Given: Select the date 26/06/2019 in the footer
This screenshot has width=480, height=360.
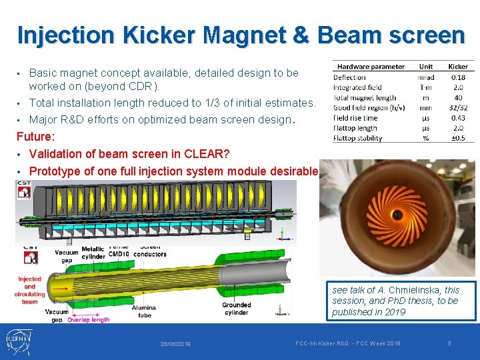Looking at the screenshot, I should point(175,344).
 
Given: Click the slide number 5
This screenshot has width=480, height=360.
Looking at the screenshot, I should point(449,343).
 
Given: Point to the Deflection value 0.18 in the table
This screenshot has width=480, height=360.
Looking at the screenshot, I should point(458,77).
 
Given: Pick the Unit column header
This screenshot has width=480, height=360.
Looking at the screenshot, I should point(426,67).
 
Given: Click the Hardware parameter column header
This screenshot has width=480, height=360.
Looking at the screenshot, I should point(371,67).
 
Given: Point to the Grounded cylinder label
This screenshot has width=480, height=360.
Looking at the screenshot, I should point(237,309).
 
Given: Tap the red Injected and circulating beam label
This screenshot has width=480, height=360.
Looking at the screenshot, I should point(29,290).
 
